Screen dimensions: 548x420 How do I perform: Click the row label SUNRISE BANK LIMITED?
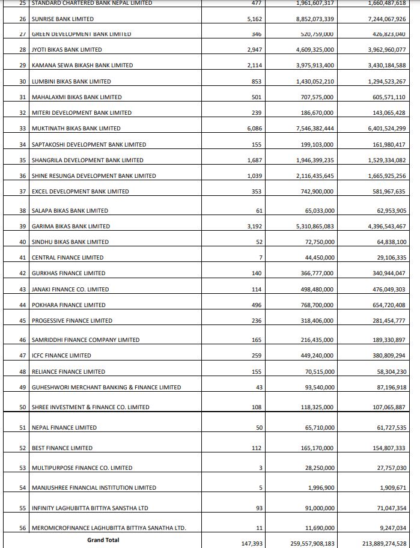tap(54, 19)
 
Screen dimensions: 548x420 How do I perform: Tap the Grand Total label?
tap(103, 540)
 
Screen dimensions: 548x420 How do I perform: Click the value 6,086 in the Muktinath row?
tap(254, 128)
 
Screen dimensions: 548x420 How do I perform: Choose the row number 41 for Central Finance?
tap(23, 257)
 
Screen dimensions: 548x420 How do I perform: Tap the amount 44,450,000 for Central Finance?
tap(319, 257)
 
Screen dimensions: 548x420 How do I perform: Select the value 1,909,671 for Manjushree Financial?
tap(390, 487)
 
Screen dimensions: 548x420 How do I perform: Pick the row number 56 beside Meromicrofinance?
tap(23, 528)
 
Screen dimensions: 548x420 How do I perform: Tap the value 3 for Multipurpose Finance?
tap(261, 467)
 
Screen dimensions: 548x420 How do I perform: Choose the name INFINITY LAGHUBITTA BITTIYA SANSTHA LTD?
tap(90, 508)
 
